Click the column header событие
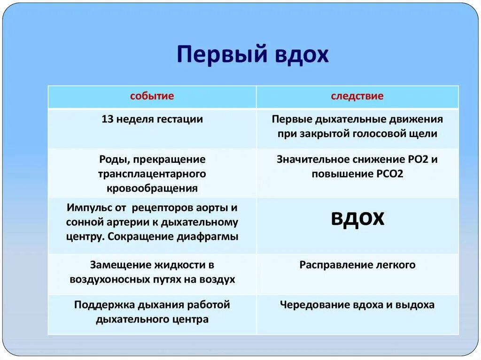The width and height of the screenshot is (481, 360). pyautogui.click(x=152, y=96)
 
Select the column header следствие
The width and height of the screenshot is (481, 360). pyautogui.click(x=357, y=96)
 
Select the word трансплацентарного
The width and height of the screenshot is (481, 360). pyautogui.click(x=152, y=174)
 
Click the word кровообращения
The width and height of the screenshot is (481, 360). pyautogui.click(x=152, y=189)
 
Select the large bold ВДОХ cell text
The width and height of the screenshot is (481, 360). pyautogui.click(x=357, y=219)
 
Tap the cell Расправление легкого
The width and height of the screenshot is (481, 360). pyautogui.click(x=357, y=265)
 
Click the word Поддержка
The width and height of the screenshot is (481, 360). pyautogui.click(x=104, y=305)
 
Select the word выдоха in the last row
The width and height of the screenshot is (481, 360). pyautogui.click(x=416, y=305)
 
